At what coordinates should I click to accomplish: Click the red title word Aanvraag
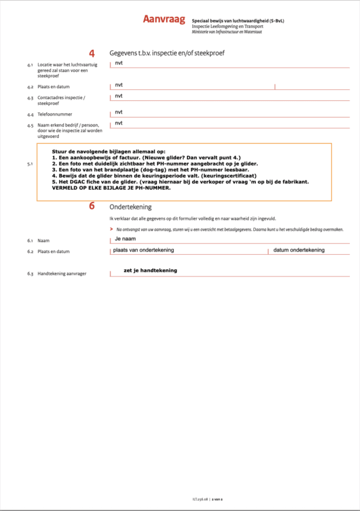(164, 20)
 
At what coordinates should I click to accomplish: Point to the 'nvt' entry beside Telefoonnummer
(119, 111)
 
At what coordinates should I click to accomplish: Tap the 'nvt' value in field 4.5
(119, 123)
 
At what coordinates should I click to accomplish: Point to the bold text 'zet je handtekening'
(150, 270)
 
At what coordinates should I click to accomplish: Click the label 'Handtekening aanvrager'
(62, 273)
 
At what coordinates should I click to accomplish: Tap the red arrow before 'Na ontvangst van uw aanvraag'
(112, 228)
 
